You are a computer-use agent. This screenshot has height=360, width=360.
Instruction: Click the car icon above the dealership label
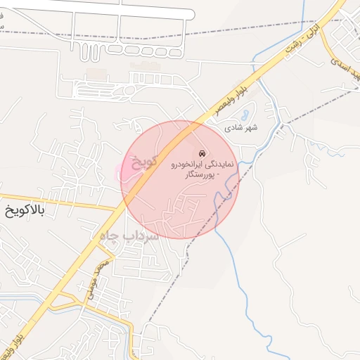click(202, 153)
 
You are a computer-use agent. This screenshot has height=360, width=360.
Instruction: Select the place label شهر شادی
click(241, 128)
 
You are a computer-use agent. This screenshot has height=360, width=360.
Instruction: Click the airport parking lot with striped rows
click(105, 91)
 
